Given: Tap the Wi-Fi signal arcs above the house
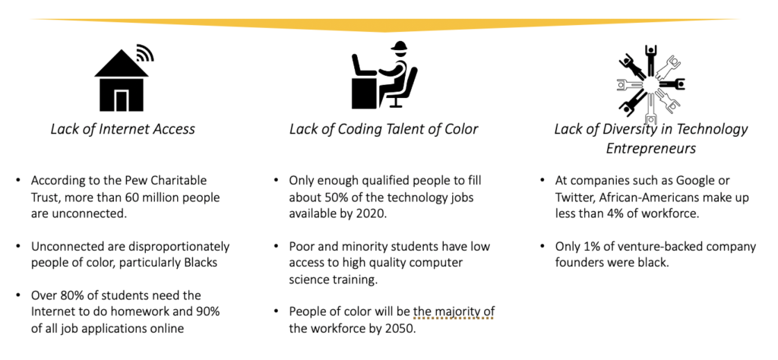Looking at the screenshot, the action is coord(145,52).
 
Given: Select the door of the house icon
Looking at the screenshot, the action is coord(122,101).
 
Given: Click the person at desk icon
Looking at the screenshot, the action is coord(384,74).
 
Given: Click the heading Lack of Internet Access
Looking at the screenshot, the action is coord(122,129).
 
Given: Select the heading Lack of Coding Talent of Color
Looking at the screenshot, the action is coord(384,129).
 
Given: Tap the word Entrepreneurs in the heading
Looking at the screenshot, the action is coord(650,148).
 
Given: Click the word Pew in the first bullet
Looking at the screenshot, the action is coord(144,181).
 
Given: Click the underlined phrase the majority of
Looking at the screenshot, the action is coord(454,312).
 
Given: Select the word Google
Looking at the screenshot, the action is coord(695,181).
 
